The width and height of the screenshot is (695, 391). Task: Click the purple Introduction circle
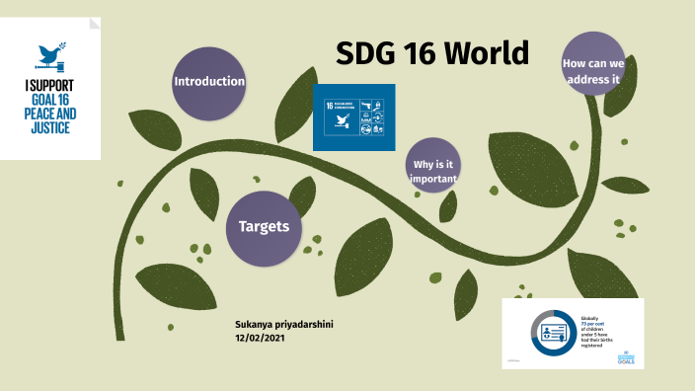pos(209,81)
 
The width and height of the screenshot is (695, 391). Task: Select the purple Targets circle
pos(264,227)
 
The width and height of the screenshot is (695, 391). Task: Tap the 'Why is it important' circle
pos(434,171)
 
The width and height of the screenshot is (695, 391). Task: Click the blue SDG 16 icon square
pos(353,117)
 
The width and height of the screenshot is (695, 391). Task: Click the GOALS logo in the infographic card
pos(624,359)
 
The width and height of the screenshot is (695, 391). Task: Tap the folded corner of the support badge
pos(93,22)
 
